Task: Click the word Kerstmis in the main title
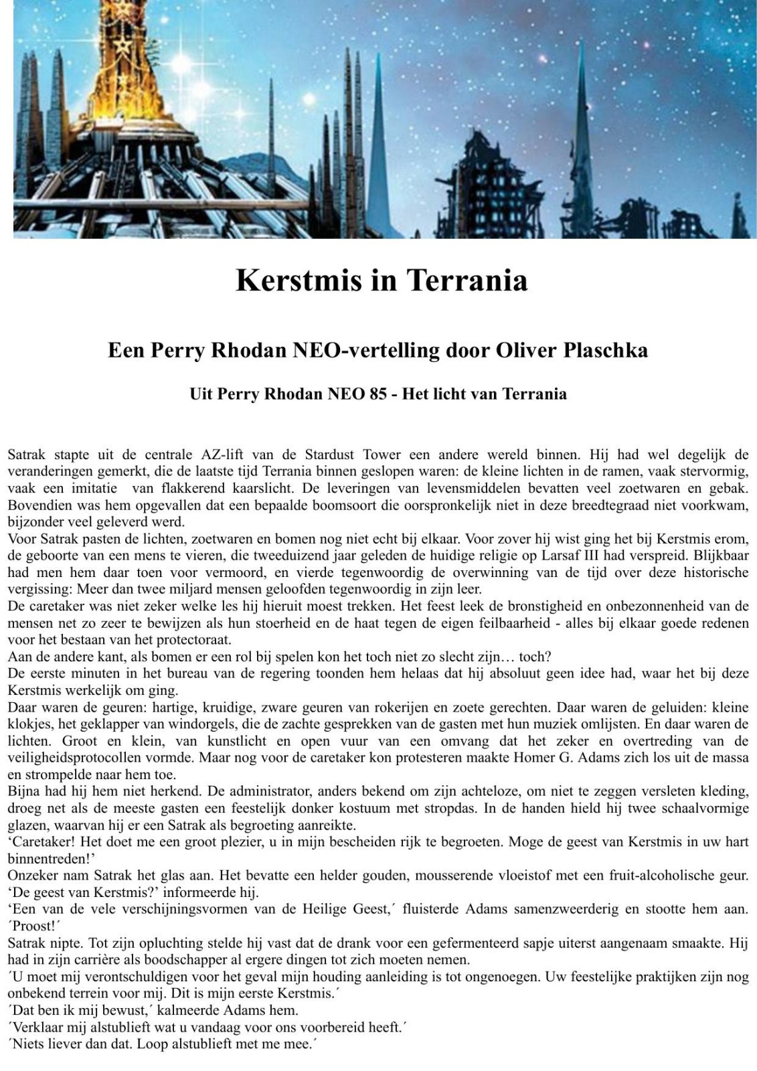click(297, 280)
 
